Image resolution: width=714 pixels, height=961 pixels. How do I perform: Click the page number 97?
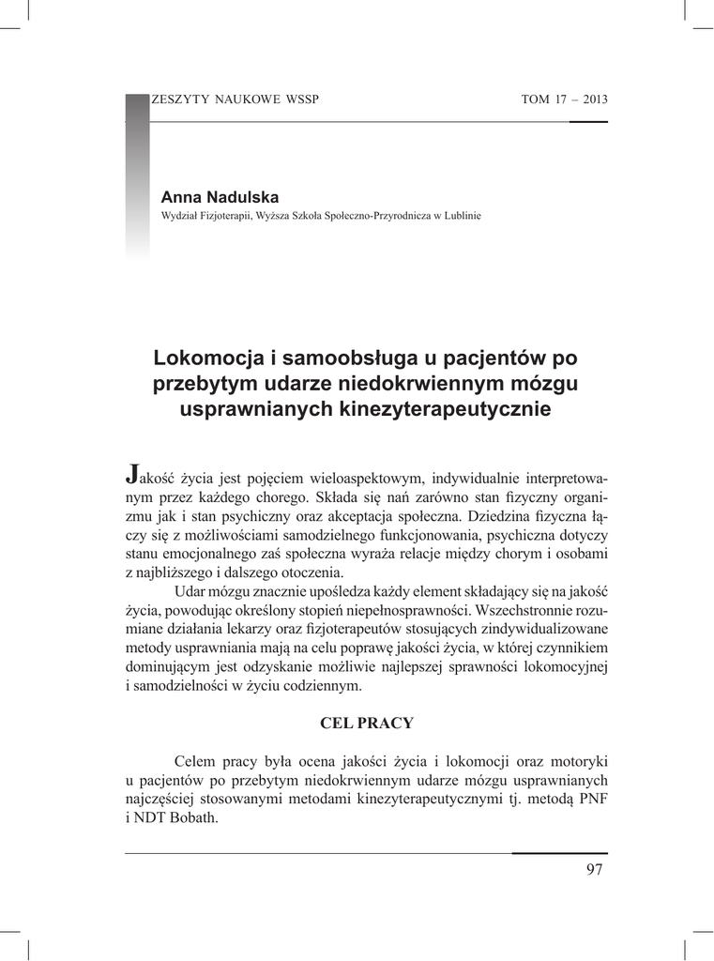click(x=594, y=869)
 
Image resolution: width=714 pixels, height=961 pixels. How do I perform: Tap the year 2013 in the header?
click(x=595, y=100)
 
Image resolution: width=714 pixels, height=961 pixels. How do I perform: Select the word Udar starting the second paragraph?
click(x=190, y=593)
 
